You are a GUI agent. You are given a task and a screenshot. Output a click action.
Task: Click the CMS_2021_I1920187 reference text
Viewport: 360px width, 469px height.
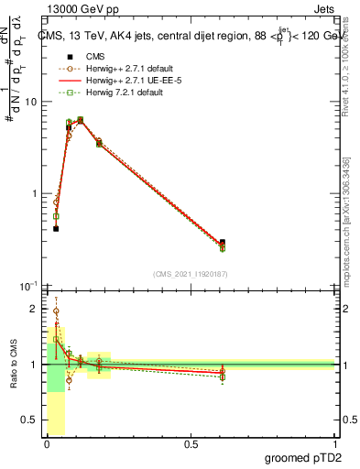pyautogui.click(x=189, y=274)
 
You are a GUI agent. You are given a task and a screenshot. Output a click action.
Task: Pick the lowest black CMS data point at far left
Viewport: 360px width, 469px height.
pyautogui.click(x=56, y=228)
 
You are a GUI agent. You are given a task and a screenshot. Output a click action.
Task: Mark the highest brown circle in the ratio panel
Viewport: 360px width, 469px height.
pyautogui.click(x=56, y=311)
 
